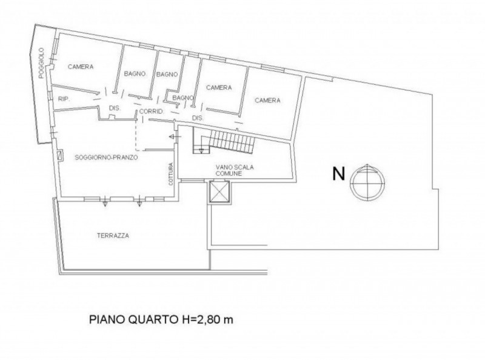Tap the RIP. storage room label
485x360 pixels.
tap(62, 98)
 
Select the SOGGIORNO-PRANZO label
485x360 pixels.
tap(106, 157)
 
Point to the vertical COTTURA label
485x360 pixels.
tap(171, 174)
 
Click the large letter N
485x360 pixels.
tap(338, 174)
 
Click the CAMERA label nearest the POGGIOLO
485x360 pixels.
tap(80, 67)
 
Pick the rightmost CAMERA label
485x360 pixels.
tap(267, 100)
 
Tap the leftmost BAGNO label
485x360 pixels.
tap(134, 74)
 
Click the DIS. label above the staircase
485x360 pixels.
tap(196, 117)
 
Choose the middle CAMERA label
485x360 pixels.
tap(219, 88)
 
